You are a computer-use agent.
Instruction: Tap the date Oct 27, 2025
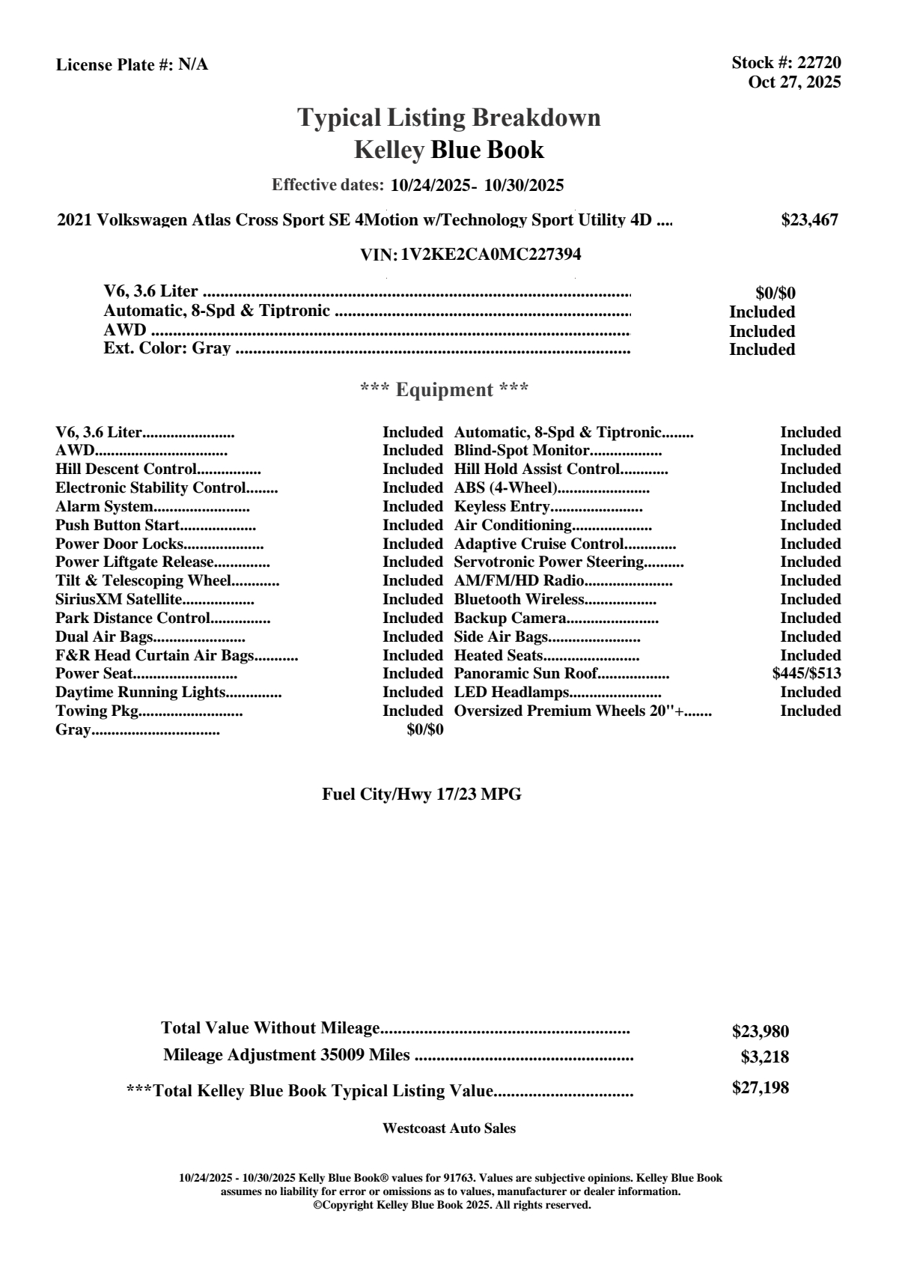click(x=794, y=82)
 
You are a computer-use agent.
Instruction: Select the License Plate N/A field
click(x=132, y=65)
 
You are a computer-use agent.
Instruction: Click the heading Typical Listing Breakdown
click(x=449, y=118)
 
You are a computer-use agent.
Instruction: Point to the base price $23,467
click(x=809, y=220)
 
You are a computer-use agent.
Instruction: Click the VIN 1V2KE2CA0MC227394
click(x=490, y=255)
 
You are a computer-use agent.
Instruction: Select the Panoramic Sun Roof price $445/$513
click(x=806, y=673)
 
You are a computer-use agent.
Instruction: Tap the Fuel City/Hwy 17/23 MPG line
click(x=421, y=794)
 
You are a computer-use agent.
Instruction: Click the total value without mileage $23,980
click(x=760, y=1032)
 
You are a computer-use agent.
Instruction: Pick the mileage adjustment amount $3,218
click(x=764, y=1058)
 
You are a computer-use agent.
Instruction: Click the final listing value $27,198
click(x=760, y=1088)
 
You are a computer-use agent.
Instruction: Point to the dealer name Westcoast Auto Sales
click(x=448, y=1128)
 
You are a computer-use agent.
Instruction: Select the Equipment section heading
click(x=444, y=390)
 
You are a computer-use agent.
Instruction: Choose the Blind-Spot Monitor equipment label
click(x=522, y=451)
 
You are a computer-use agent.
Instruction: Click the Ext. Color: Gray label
click(x=167, y=349)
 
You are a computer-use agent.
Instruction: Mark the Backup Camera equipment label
click(x=510, y=618)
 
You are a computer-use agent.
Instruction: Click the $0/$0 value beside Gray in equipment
click(x=424, y=729)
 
